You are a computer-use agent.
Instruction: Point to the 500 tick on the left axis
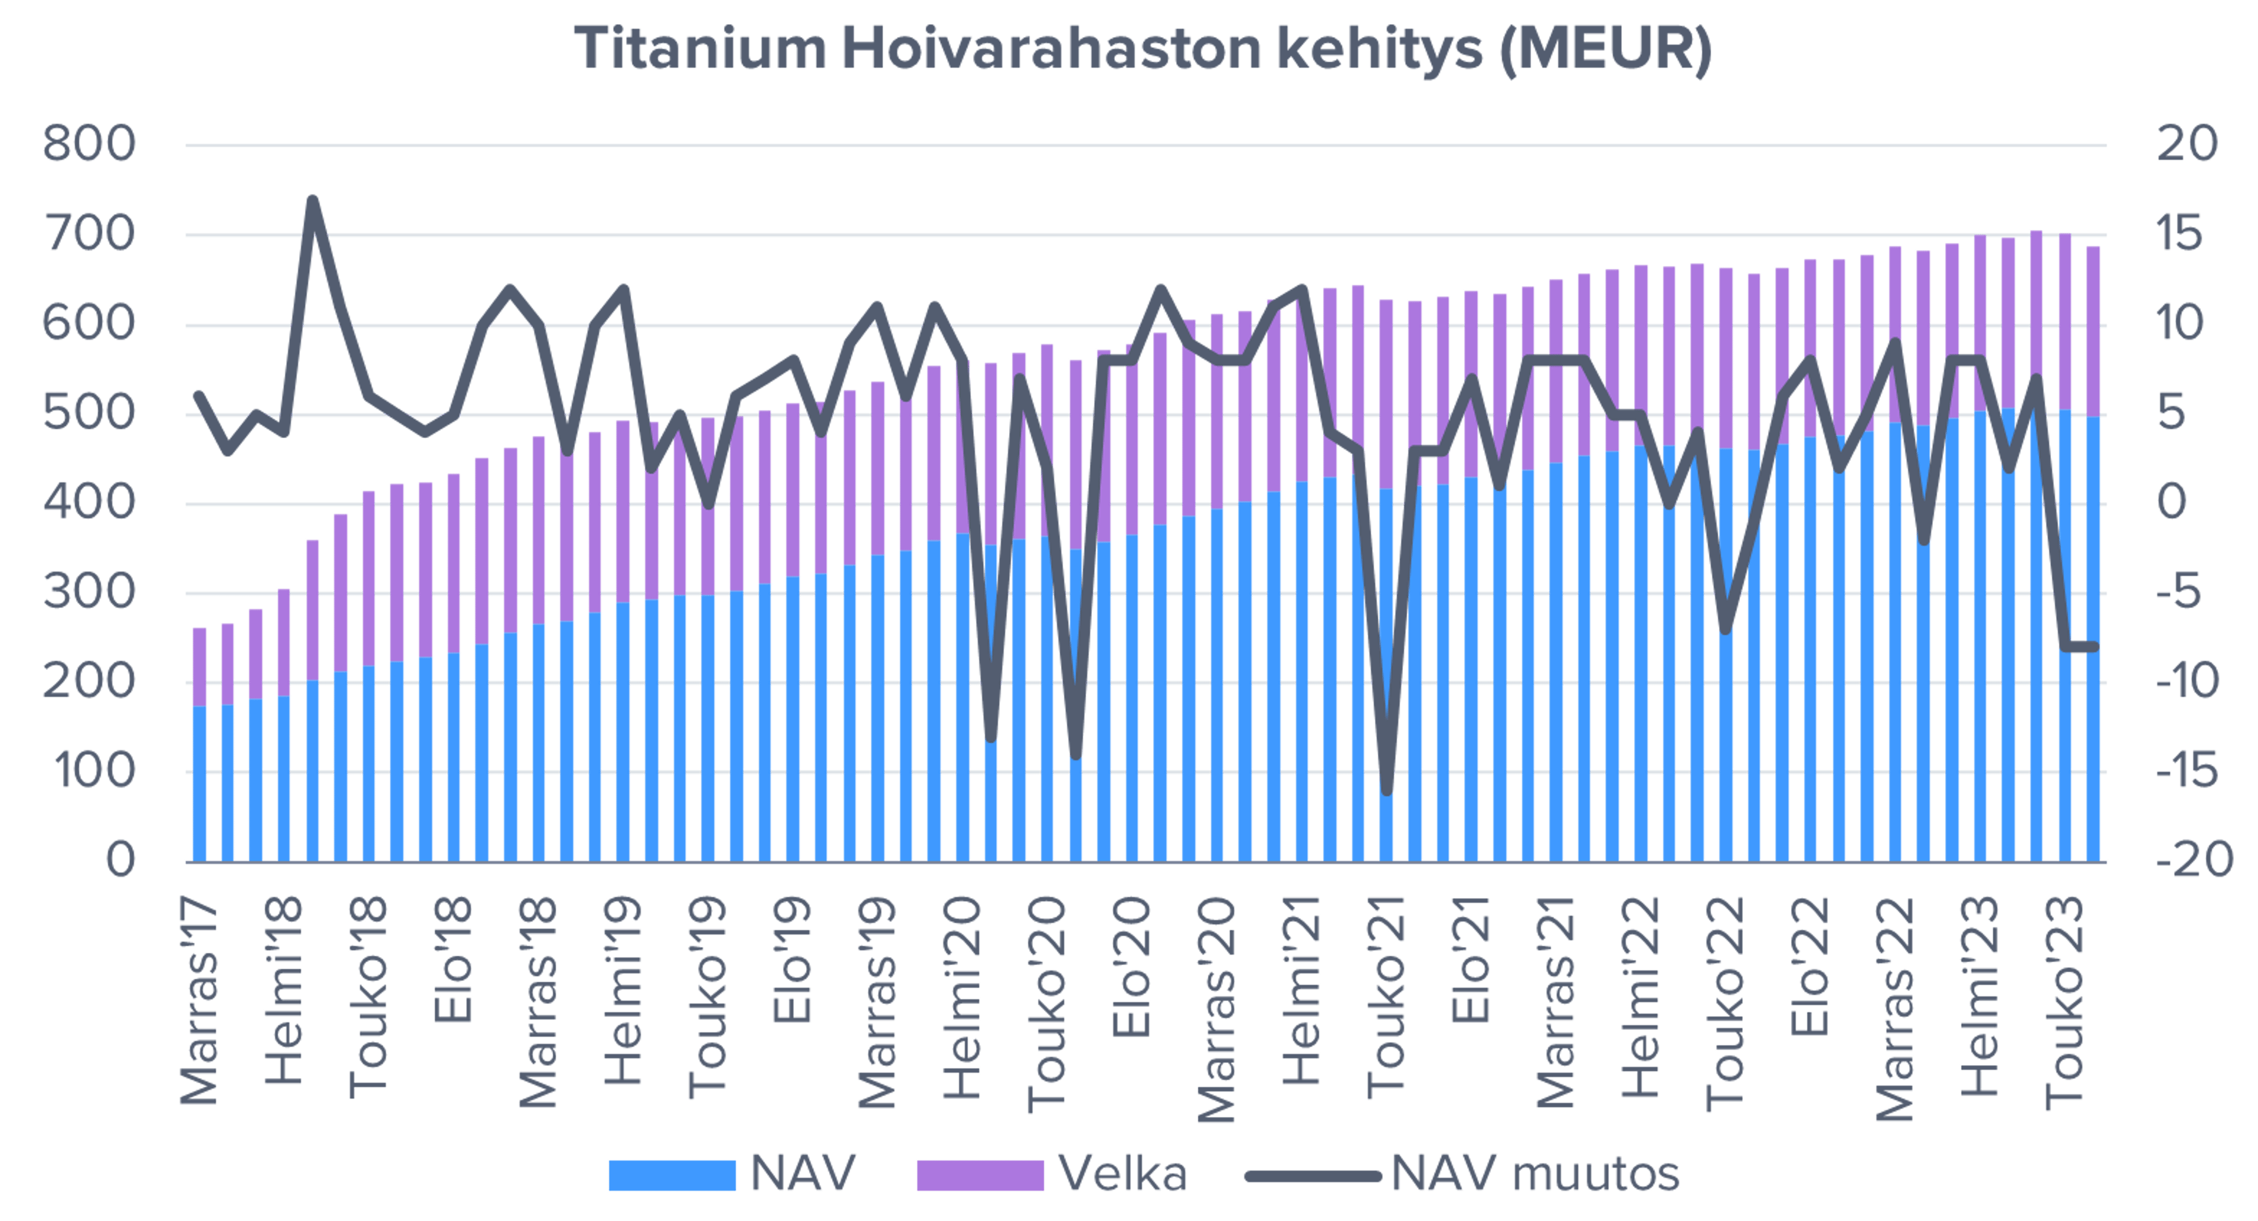pyautogui.click(x=89, y=415)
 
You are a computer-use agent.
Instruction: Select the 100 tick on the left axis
pyautogui.click(x=89, y=771)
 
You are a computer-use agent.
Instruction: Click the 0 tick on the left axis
pyautogui.click(x=121, y=862)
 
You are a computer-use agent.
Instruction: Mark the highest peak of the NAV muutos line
pyautogui.click(x=313, y=200)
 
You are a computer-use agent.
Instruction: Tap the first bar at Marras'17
pyautogui.click(x=200, y=745)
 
